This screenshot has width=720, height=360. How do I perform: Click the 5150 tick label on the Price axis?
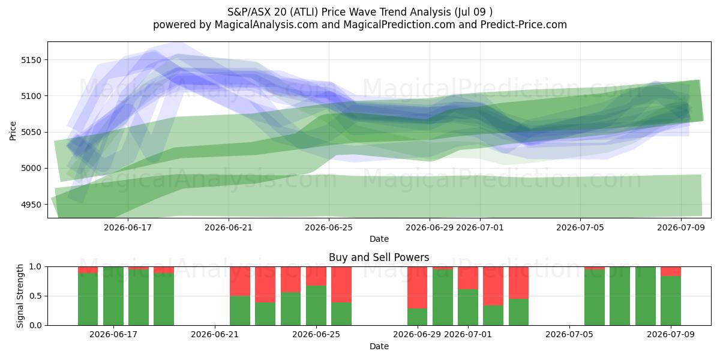[31, 60]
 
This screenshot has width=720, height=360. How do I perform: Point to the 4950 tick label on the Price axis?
[31, 205]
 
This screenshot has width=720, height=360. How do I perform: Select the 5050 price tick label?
[31, 132]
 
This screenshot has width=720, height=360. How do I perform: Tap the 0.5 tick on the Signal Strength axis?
[35, 296]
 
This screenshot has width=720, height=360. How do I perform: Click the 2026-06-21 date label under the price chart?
[229, 227]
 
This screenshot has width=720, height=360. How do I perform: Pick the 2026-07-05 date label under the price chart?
[580, 227]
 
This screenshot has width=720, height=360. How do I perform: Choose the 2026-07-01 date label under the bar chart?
[467, 334]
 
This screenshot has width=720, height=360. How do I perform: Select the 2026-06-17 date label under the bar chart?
[113, 334]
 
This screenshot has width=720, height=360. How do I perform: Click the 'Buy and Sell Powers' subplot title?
[379, 257]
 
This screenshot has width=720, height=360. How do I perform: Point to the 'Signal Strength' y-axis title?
[20, 296]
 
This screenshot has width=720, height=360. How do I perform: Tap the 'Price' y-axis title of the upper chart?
[13, 131]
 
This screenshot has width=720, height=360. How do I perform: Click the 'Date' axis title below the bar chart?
[379, 346]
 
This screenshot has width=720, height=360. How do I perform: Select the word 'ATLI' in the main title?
[304, 12]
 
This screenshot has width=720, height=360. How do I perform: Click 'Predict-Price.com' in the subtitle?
[524, 25]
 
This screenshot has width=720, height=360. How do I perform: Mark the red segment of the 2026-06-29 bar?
[417, 287]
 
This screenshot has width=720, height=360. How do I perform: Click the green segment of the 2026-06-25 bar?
[316, 305]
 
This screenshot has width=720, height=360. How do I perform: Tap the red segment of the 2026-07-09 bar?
[671, 271]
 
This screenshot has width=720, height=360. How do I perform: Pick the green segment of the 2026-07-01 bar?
[467, 307]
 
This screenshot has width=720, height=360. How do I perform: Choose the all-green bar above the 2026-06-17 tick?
[113, 296]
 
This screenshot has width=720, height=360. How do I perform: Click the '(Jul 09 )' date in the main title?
[473, 12]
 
